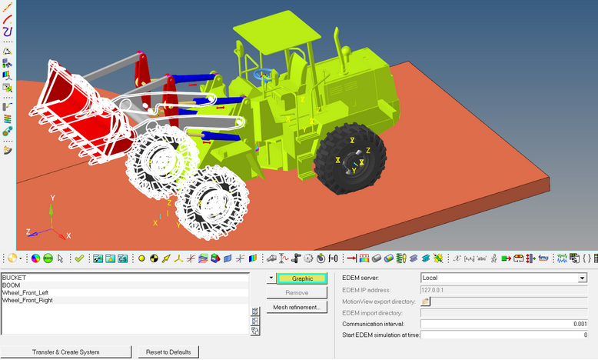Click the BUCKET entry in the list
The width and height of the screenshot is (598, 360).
pos(14,278)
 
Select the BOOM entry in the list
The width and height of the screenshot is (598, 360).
pos(11,285)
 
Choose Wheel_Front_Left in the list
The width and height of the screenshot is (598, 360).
pos(25,293)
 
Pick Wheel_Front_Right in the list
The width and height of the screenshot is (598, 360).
pos(28,301)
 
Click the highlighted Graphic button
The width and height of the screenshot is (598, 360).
pos(302,278)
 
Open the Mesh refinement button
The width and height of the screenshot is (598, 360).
pos(297,308)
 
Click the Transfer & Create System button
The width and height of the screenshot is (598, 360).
pos(66,352)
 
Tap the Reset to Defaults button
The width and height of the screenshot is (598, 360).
pos(168,352)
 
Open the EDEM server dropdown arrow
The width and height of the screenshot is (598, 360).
pos(582,278)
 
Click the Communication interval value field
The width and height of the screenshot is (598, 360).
pos(503,324)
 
